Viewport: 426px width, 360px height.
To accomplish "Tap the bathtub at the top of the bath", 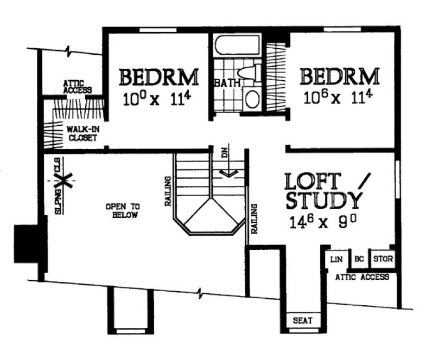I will tap(237, 47).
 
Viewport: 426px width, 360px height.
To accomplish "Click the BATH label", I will tap(224, 84).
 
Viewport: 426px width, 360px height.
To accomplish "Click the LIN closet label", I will tap(336, 260).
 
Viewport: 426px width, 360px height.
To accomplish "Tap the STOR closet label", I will tap(383, 259).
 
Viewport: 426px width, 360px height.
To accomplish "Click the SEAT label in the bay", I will tap(303, 320).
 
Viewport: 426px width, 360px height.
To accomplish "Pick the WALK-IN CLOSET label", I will tap(81, 134).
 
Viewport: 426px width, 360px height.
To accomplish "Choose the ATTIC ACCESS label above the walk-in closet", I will tap(77, 87).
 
